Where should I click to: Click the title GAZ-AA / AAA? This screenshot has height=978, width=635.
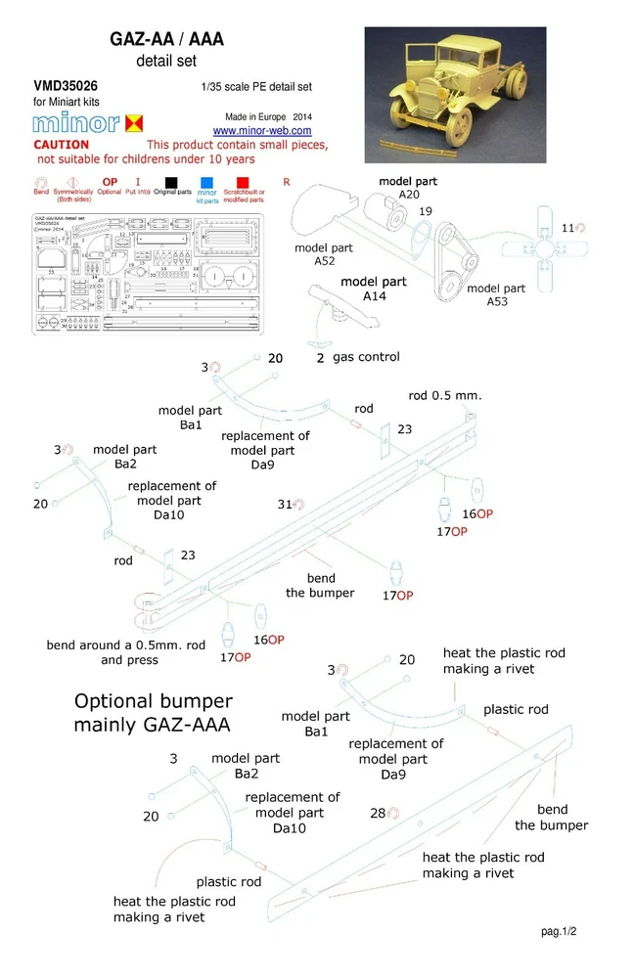166,39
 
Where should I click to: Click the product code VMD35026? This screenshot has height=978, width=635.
65,86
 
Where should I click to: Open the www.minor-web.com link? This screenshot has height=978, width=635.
262,130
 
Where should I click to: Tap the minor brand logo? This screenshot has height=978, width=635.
89,123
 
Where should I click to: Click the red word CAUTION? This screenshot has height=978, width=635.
62,145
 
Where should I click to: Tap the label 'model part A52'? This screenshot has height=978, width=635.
323,255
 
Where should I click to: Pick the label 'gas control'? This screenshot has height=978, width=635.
365,358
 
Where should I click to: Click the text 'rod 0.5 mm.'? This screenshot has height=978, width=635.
445,395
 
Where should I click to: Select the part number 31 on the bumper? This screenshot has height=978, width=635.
285,505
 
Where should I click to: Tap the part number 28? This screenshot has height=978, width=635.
377,813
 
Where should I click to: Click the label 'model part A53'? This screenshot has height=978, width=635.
496,295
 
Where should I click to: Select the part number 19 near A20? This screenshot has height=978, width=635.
426,210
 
